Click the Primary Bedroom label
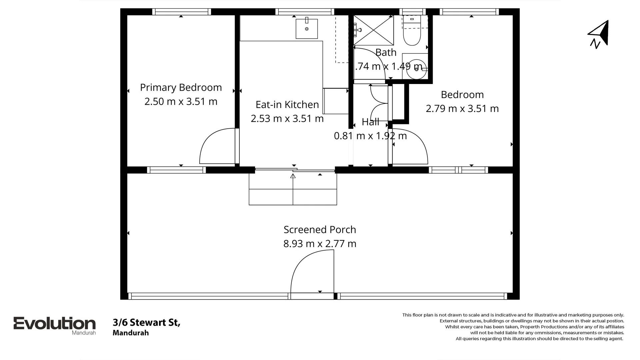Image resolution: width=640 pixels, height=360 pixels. coord(181,87)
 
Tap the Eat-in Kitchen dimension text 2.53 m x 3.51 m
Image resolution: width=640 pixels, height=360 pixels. coord(287,118)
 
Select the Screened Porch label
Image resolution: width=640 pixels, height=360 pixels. coord(320,229)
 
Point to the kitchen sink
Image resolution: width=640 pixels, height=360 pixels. coord(307,29)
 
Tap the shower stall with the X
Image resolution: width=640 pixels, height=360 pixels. coord(374,30)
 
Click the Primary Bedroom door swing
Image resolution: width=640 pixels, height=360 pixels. coord(218,147)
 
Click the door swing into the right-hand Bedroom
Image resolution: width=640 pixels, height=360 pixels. coord(410,147)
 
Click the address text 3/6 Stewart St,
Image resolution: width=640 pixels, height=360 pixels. coord(146,322)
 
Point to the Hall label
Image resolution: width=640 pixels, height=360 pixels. coord(370,122)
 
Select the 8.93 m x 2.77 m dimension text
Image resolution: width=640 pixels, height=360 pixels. coord(320,244)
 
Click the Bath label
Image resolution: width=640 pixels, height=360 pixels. coord(386,52)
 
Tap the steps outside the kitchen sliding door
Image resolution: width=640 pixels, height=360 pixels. coord(293,193)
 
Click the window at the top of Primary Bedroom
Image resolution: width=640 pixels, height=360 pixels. coord(181,12)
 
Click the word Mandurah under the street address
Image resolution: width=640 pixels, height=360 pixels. coord(131,333)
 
